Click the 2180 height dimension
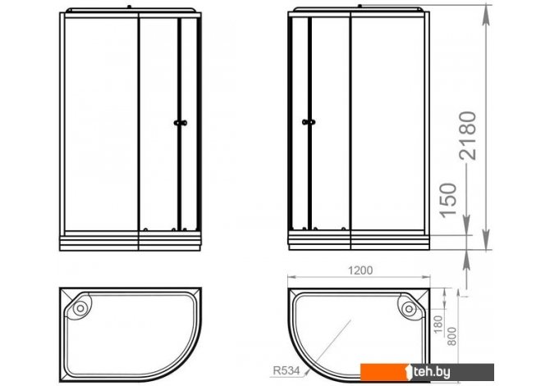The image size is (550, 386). pyautogui.click(x=468, y=135)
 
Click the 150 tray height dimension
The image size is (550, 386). pyautogui.click(x=449, y=200)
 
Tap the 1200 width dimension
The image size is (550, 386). pyautogui.click(x=360, y=270)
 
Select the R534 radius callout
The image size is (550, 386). pyautogui.click(x=286, y=370)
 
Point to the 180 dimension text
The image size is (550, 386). pyautogui.click(x=438, y=324)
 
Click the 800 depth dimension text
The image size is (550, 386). pyautogui.click(x=452, y=336)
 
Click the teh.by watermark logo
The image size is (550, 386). pyautogui.click(x=427, y=372)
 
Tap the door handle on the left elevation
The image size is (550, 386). pyautogui.click(x=181, y=123)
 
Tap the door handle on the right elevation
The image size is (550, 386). pyautogui.click(x=309, y=122)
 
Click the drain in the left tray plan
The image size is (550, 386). pyautogui.click(x=80, y=308)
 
